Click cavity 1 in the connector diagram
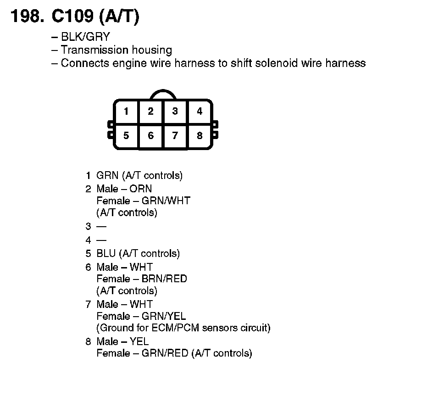point(126,112)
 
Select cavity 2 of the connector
point(150,112)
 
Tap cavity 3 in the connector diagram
point(175,112)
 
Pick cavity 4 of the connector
point(200,112)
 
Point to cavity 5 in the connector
point(126,136)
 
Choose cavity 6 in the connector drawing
point(150,136)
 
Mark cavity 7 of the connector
point(175,136)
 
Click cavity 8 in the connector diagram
point(200,136)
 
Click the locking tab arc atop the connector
point(163,92)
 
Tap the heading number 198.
point(27,17)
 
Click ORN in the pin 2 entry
point(141,189)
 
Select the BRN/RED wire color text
point(164,279)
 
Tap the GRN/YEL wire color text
point(164,316)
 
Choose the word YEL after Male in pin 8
point(139,341)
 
